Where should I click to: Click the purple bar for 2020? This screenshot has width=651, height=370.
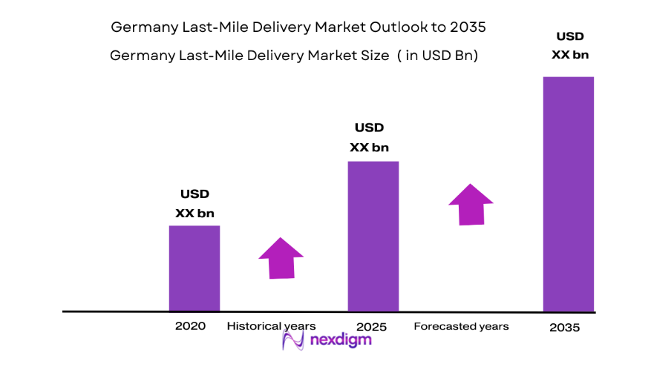pyautogui.click(x=194, y=268)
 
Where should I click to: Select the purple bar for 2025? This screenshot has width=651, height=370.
pyautogui.click(x=373, y=236)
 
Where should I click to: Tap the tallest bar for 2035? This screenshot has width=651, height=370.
pyautogui.click(x=569, y=194)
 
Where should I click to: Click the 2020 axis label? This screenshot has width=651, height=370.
pyautogui.click(x=190, y=326)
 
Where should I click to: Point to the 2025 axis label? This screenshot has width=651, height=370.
pyautogui.click(x=370, y=326)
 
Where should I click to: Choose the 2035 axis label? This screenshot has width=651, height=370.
pyautogui.click(x=565, y=328)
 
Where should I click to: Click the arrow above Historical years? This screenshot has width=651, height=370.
pyautogui.click(x=281, y=258)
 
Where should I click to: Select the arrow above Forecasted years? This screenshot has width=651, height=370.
pyautogui.click(x=471, y=204)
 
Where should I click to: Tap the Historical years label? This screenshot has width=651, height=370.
pyautogui.click(x=271, y=326)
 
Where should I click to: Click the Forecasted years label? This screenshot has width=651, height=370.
pyautogui.click(x=461, y=326)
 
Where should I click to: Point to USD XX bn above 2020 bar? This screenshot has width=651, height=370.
pyautogui.click(x=194, y=204)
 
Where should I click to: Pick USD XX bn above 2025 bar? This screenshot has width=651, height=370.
pyautogui.click(x=369, y=138)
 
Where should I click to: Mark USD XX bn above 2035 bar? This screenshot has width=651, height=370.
pyautogui.click(x=570, y=45)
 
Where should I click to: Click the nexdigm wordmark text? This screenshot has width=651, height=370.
pyautogui.click(x=340, y=341)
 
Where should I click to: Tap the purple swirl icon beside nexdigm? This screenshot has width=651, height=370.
pyautogui.click(x=294, y=340)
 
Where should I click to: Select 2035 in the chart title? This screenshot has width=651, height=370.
pyautogui.click(x=467, y=27)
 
